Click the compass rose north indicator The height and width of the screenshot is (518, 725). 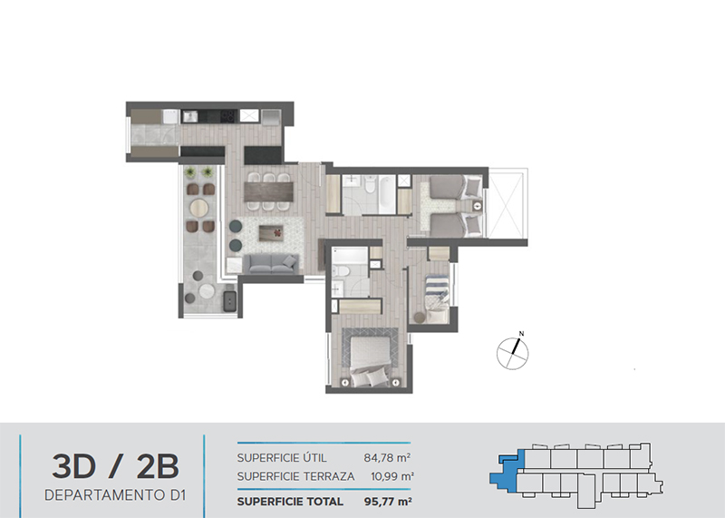coord(513,353)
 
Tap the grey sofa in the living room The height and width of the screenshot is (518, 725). coord(270,263)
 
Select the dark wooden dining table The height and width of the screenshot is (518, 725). coord(268,191)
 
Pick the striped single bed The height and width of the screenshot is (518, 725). coord(437,298)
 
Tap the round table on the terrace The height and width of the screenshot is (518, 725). coord(199,208)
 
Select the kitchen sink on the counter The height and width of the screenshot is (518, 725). coord(189,116)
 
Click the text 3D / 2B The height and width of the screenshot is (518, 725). coord(115,466)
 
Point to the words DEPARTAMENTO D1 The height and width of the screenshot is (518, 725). coord(115,495)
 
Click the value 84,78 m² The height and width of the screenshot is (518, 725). coord(388,458)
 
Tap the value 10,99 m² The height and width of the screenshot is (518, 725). coord(392,476)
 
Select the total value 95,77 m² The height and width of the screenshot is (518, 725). coord(388,502)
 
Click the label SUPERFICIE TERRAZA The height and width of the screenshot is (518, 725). coord(296,476)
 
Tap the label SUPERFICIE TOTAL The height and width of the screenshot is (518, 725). coord(290,502)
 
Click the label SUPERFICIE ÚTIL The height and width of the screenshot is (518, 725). coord(282,458)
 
